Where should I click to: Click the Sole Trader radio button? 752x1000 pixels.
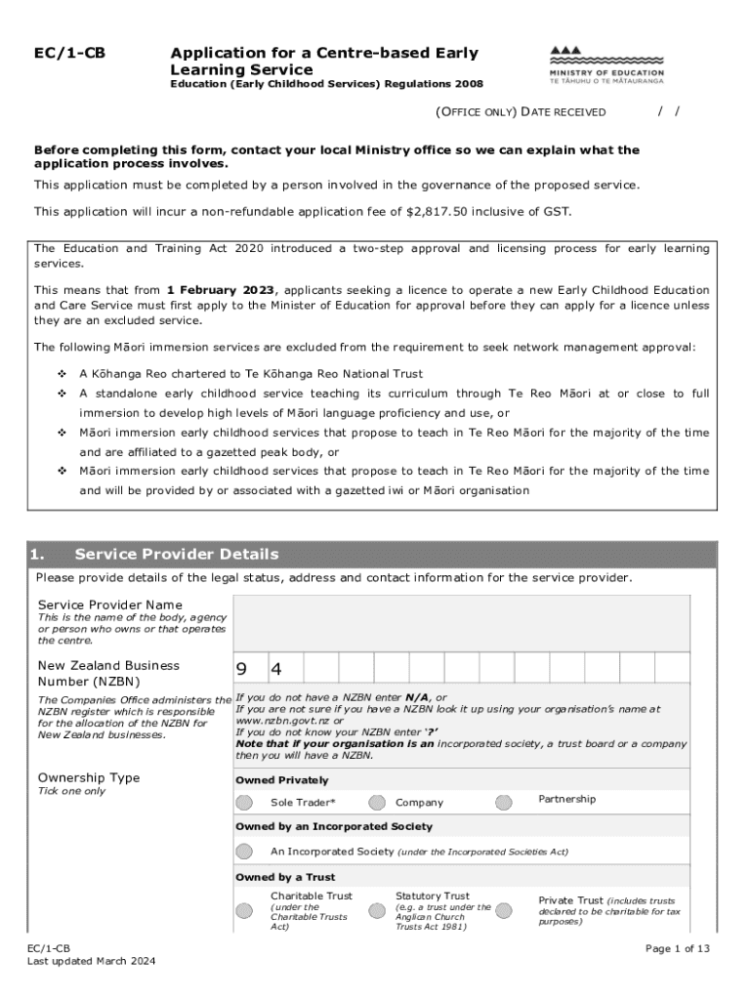[243, 803]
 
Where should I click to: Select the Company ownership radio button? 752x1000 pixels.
[377, 803]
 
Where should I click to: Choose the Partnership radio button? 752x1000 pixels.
[503, 803]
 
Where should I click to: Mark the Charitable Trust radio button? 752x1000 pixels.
[243, 911]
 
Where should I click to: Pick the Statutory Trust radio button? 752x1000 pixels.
[377, 911]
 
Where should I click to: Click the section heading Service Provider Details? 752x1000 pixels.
[176, 555]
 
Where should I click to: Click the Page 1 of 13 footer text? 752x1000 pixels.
[678, 948]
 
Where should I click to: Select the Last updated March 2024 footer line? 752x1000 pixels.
[91, 961]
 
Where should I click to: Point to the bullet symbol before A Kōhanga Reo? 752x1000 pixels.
[62, 374]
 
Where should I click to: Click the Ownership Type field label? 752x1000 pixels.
[89, 777]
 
